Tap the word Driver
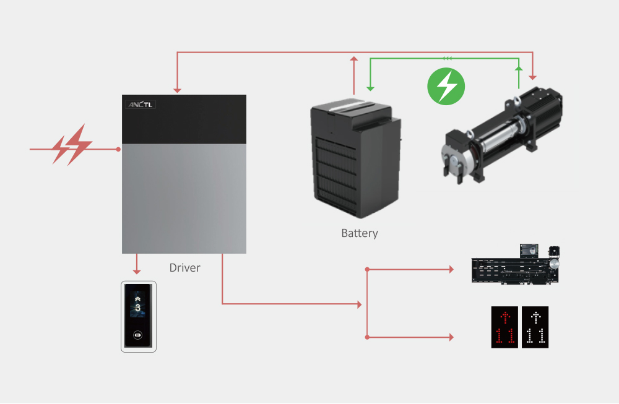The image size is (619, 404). click(184, 268)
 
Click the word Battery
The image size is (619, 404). click(360, 233)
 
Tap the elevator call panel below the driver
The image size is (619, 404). click(138, 316)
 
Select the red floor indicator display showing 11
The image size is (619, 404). click(504, 327)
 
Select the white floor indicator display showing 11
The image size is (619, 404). click(535, 327)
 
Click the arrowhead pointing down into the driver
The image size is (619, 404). click(177, 90)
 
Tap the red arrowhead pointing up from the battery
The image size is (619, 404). click(353, 59)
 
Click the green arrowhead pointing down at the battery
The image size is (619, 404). click(370, 87)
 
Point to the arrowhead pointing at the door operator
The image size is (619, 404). click(450, 269)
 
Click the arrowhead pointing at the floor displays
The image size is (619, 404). click(450, 337)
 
